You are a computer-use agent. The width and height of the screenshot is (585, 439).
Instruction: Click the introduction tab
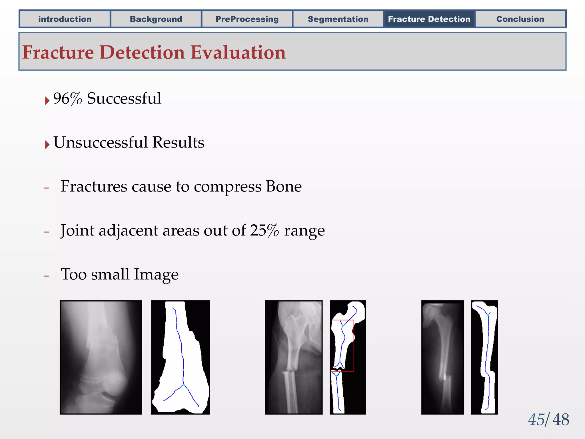[65, 19]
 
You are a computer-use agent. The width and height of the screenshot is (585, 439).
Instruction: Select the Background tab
[156, 19]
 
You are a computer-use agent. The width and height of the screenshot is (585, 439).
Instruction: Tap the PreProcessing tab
[247, 19]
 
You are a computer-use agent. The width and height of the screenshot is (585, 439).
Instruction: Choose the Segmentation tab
[338, 19]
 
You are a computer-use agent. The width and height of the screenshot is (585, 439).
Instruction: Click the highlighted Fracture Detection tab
[429, 19]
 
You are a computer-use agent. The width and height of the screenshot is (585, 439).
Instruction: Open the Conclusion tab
[520, 19]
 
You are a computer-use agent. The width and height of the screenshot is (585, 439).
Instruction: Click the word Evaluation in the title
[238, 53]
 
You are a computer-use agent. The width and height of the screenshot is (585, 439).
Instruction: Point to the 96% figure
[67, 99]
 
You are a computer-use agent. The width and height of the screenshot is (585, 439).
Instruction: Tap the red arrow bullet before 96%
[47, 101]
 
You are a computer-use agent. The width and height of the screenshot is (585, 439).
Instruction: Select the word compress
[227, 187]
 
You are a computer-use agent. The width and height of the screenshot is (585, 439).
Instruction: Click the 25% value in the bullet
[264, 230]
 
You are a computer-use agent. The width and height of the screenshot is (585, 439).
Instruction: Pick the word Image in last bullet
[156, 274]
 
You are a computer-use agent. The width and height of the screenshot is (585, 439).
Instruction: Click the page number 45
[536, 420]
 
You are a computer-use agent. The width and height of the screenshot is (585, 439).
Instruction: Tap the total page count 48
[561, 420]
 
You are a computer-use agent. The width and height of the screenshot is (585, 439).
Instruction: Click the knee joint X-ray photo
[101, 357]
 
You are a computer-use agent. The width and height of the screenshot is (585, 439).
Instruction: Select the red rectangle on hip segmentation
[354, 346]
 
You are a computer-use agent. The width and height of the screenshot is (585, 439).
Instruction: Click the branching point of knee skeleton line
[183, 385]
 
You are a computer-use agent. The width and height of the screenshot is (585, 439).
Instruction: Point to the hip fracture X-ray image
[294, 357]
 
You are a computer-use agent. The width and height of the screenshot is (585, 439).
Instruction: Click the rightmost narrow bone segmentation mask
[485, 357]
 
